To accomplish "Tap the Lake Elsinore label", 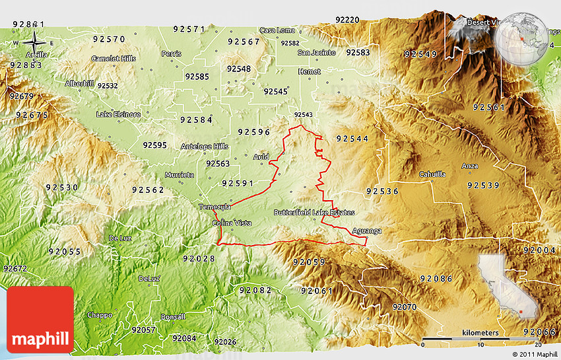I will click(x=118, y=114).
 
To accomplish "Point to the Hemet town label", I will click(x=309, y=71).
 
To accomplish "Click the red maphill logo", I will click(x=40, y=319).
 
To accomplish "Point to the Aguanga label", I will click(x=366, y=231).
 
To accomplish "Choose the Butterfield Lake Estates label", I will click(x=314, y=213).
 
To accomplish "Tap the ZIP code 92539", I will click(x=483, y=186).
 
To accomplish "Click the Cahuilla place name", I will click(x=432, y=174).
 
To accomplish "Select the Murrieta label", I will click(x=179, y=175).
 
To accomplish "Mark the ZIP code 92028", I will click(x=199, y=258).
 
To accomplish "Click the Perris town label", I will click(x=171, y=53).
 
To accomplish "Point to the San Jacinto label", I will click(x=316, y=52).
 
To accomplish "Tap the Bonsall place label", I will click(x=173, y=316).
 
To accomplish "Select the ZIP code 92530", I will click(x=63, y=188).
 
